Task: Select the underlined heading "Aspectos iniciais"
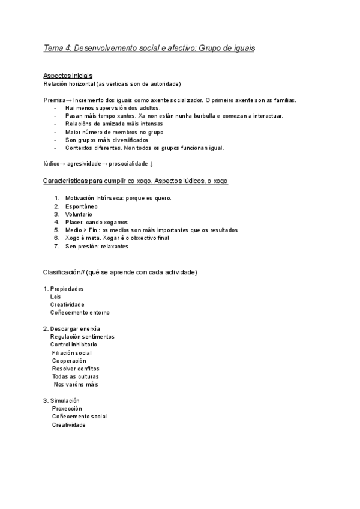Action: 68,76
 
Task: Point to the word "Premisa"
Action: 53,100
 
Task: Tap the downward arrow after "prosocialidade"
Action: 151,164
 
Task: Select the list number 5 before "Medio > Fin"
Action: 56,230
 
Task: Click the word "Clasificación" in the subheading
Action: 62,272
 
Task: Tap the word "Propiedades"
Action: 67,289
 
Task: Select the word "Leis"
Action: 56,297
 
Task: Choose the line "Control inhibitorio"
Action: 74,345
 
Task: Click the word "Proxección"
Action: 67,408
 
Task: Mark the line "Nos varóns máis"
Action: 76,384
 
